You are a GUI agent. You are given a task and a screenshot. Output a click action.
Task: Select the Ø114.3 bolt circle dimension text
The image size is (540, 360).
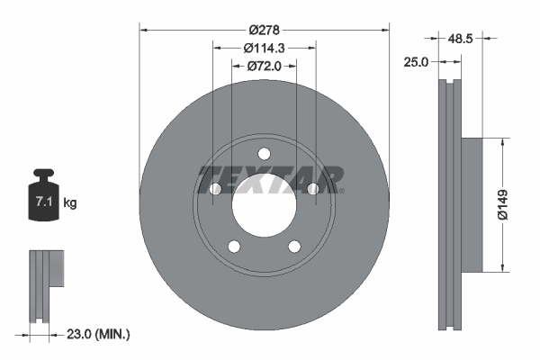[264, 48]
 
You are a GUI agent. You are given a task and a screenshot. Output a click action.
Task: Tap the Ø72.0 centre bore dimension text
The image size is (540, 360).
[264, 66]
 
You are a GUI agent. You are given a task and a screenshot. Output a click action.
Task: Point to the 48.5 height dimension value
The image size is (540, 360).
[461, 40]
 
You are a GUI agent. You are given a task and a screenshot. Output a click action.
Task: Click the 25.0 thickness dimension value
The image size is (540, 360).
[417, 61]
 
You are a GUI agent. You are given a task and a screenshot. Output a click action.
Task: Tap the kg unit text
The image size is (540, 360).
[70, 203]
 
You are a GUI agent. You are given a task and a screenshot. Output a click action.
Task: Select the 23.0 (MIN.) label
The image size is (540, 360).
[100, 334]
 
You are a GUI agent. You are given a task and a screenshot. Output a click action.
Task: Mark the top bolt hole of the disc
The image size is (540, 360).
[264, 153]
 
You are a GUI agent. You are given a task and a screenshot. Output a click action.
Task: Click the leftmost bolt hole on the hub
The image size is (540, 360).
[215, 188]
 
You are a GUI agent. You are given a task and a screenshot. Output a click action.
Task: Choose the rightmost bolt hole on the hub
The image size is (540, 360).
[312, 188]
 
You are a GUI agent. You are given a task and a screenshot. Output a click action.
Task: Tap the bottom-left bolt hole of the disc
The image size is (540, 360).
[234, 247]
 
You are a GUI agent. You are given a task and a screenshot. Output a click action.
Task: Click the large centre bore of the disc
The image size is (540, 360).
[264, 204]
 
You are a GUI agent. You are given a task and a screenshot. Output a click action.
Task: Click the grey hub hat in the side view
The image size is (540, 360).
[472, 204]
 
